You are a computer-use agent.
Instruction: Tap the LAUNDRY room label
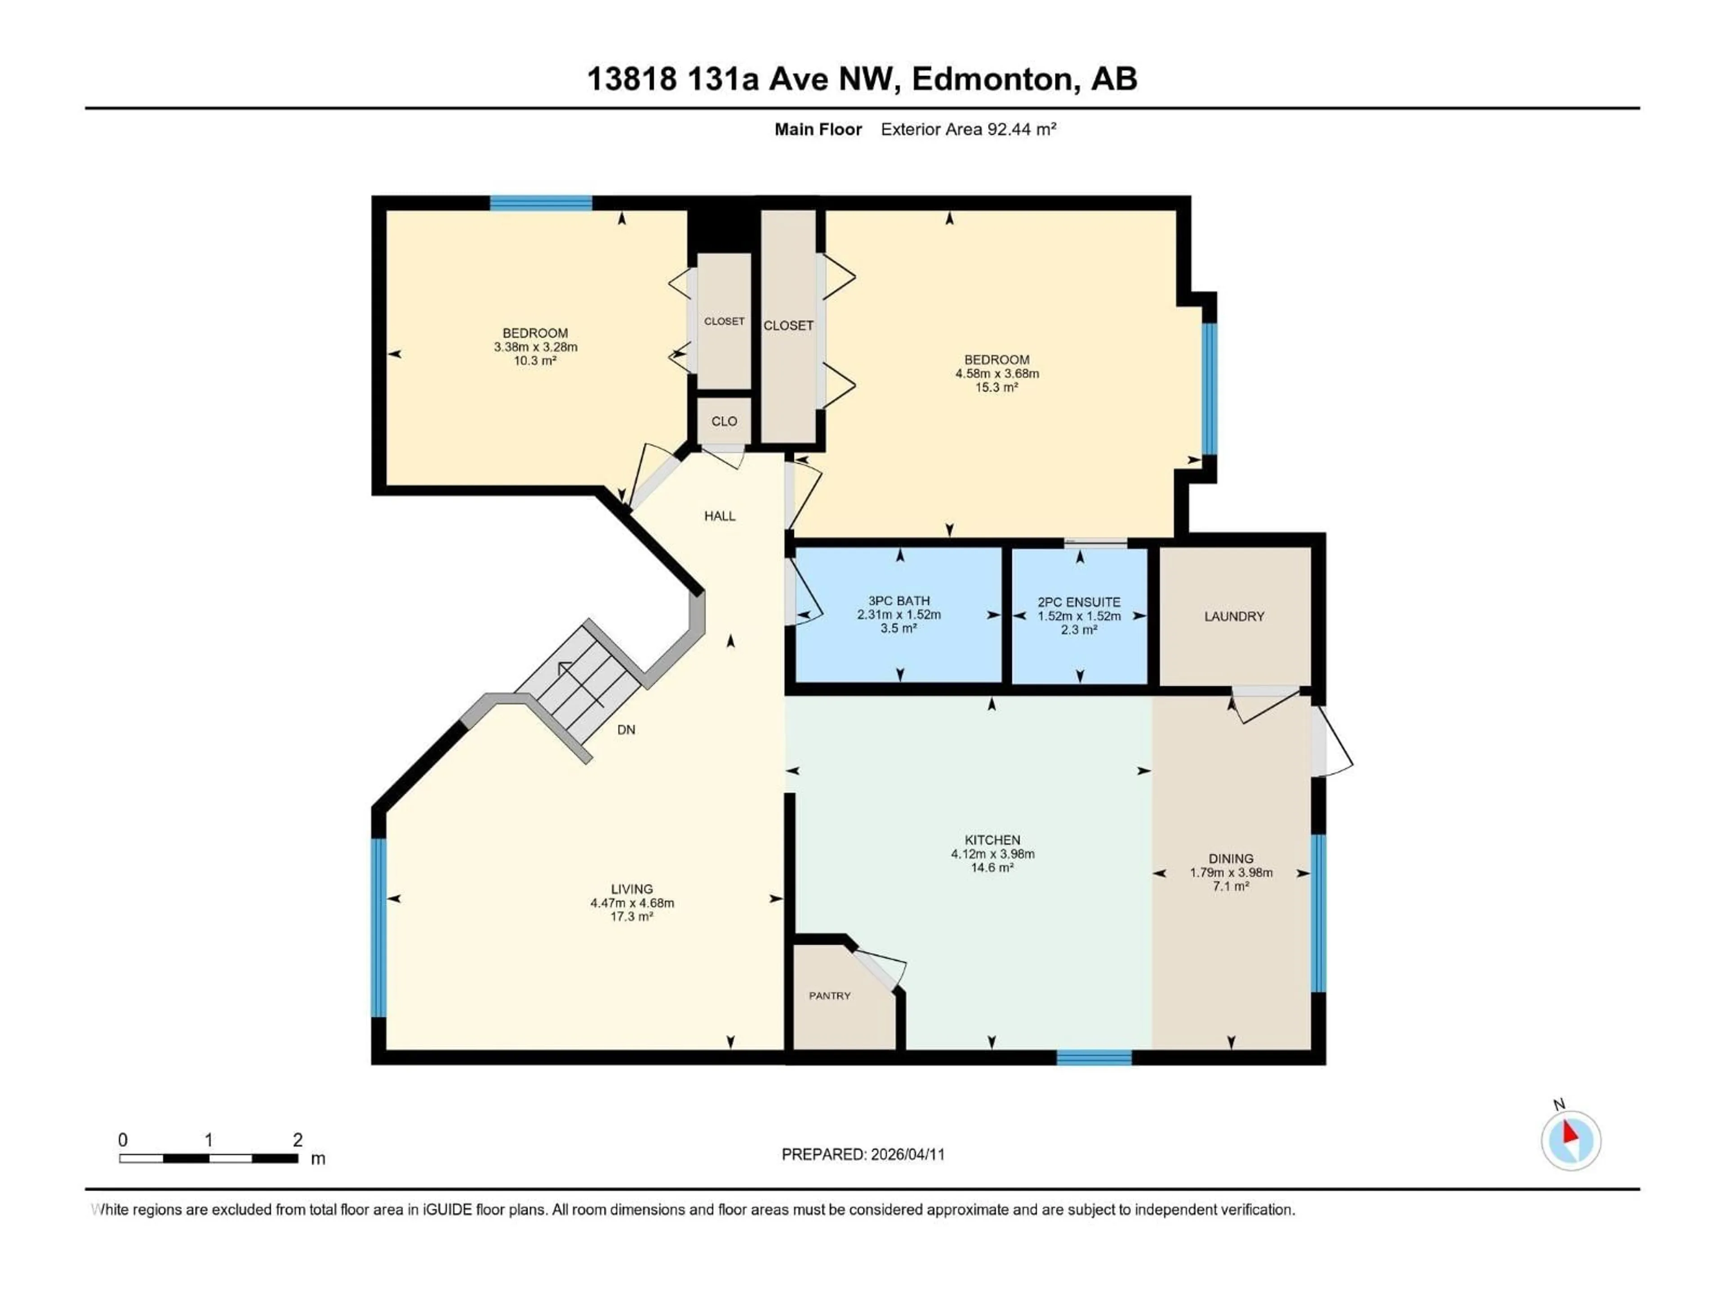(1234, 616)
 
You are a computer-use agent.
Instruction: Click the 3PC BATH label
(899, 601)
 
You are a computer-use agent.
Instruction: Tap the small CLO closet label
(723, 421)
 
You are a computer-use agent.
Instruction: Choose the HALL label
(720, 515)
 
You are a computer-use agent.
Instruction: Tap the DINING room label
(1231, 859)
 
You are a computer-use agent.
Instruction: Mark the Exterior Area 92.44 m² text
(968, 129)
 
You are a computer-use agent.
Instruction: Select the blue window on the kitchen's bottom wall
(1094, 1058)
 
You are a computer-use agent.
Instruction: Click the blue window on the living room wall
(378, 928)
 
